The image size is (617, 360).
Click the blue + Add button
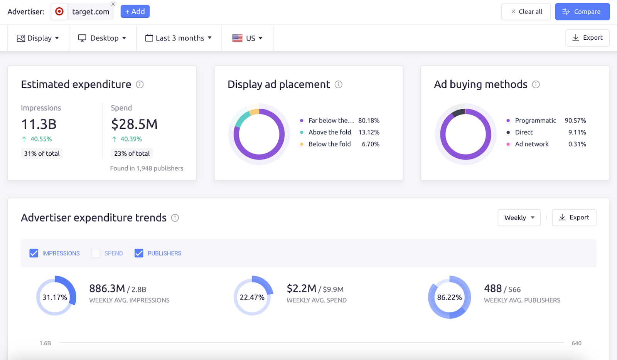click(135, 12)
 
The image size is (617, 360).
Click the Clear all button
click(526, 12)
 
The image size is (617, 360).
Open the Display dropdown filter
click(38, 38)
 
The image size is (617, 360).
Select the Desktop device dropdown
click(102, 38)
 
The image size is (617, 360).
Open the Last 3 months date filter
click(179, 38)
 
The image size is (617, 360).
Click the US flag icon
click(237, 38)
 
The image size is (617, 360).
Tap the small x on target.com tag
click(113, 4)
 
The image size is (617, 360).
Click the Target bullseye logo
click(59, 12)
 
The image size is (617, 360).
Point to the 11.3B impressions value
click(39, 124)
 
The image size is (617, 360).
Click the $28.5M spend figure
click(134, 124)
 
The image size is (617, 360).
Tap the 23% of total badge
click(132, 153)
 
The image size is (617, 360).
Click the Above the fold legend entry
click(330, 132)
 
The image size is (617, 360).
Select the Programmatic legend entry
click(535, 121)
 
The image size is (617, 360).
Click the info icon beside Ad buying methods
click(536, 84)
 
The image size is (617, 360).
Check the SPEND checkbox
click(96, 253)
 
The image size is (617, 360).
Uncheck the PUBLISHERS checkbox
click(139, 253)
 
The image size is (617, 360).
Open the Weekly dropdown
click(519, 218)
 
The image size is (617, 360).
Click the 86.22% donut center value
click(449, 298)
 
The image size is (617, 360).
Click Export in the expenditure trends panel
click(574, 218)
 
